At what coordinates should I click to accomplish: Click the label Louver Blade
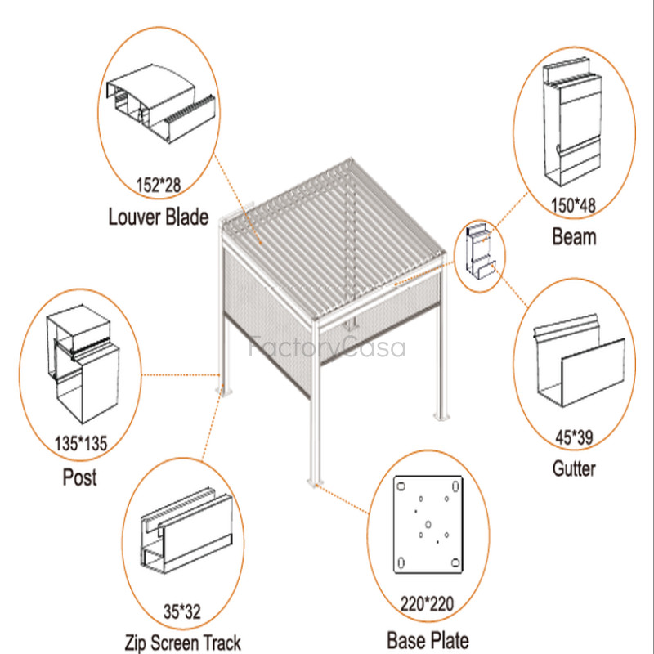click(159, 217)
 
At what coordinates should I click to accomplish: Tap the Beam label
click(574, 237)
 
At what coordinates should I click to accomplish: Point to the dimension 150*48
click(574, 205)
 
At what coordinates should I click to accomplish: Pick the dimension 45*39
click(573, 438)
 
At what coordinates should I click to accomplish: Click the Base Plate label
click(428, 638)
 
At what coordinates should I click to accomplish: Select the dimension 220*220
click(428, 606)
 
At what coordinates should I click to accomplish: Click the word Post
click(79, 477)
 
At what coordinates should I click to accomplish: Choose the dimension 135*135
click(79, 445)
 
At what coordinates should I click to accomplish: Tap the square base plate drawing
click(428, 525)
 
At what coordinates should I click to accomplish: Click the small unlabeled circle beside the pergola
click(477, 255)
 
